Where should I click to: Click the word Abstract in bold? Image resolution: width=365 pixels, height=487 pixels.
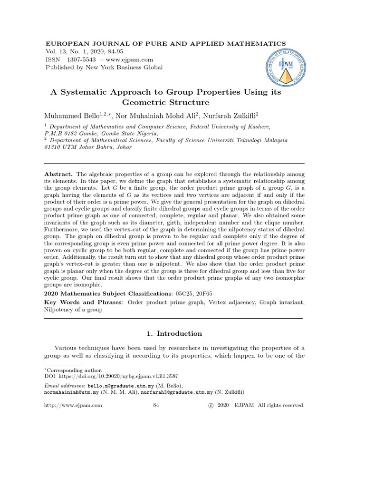58,175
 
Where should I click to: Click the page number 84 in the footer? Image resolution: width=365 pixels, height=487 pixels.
158,405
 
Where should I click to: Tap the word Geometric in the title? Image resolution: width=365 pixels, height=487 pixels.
142,102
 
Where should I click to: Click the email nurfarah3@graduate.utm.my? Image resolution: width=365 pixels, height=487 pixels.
183,392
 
